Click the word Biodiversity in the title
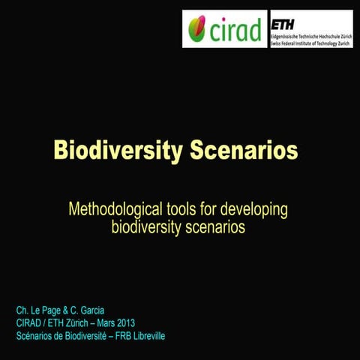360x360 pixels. click(x=117, y=151)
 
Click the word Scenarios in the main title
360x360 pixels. click(x=244, y=151)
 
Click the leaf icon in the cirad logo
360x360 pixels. click(x=197, y=31)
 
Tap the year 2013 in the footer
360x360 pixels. click(x=121, y=322)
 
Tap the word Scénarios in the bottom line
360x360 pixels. click(x=35, y=335)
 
